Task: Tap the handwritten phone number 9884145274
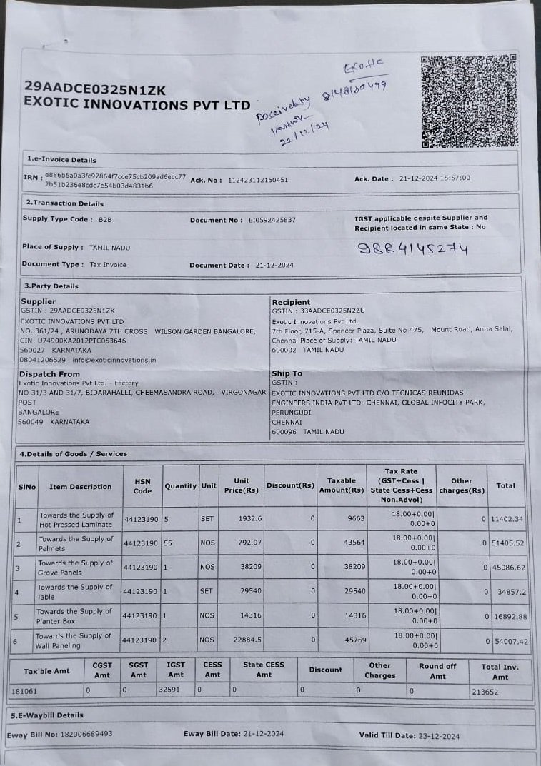[x=412, y=249]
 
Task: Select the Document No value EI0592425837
[x=272, y=220]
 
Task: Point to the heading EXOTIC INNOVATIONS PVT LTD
[x=137, y=104]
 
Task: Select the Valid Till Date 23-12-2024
[x=431, y=735]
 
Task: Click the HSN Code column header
[x=142, y=486]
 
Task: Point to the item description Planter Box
[x=74, y=616]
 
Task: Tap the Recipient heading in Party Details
[x=291, y=302]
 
